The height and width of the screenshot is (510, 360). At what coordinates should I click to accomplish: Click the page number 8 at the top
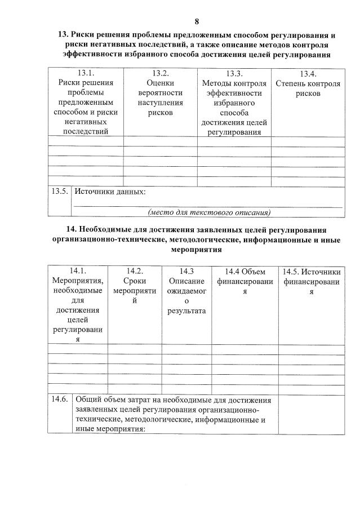(x=197, y=21)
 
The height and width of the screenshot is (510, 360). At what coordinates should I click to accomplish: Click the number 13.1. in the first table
(x=86, y=73)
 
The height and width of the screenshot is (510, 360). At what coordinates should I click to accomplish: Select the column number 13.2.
(x=161, y=73)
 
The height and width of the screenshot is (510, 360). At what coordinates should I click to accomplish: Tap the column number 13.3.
(x=234, y=73)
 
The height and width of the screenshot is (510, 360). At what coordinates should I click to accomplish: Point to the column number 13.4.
(x=308, y=73)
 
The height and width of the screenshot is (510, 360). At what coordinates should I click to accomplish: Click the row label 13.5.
(x=59, y=192)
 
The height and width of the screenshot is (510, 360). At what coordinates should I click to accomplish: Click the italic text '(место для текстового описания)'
(x=208, y=212)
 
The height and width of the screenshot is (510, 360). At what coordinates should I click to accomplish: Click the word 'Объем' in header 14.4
(x=252, y=271)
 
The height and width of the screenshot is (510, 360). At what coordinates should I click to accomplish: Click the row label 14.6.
(x=59, y=400)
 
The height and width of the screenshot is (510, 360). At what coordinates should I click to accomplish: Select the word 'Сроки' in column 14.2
(x=135, y=281)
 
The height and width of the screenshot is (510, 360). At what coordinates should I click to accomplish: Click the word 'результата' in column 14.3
(x=186, y=311)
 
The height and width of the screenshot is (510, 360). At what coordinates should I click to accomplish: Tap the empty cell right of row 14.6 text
(x=312, y=414)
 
